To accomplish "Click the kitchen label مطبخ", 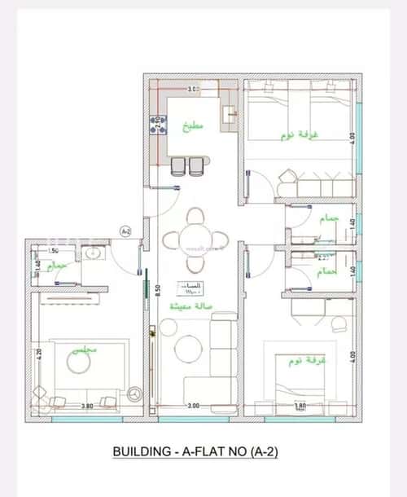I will click(193, 126).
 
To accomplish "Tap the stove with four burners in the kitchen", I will click(153, 125).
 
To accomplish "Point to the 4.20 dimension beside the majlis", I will click(37, 354).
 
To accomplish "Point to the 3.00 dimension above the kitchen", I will click(193, 88).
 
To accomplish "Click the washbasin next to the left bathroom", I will click(92, 253).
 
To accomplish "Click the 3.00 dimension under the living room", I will click(193, 405).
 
